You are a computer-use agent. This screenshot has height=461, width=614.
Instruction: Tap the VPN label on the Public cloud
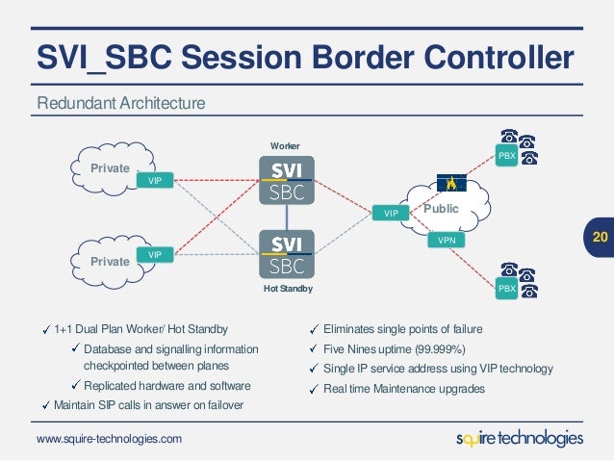coord(447,241)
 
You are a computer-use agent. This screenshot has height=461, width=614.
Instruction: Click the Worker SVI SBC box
coord(288,180)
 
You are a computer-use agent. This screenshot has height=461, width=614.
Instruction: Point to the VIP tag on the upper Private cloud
coord(153,180)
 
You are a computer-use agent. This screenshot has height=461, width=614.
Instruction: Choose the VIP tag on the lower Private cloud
coord(153,254)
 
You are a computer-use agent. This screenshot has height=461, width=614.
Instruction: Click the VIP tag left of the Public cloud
coord(391,212)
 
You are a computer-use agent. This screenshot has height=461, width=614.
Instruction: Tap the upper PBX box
coord(506,155)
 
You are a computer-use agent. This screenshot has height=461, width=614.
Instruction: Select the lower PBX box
coord(506,288)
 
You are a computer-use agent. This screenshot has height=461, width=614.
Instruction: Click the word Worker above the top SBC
coord(286,145)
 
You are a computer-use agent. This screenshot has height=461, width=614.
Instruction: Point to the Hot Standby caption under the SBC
coord(288,289)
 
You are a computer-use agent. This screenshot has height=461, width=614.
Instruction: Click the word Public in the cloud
coord(442,208)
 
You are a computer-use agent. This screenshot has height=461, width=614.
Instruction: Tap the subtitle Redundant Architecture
coord(121,102)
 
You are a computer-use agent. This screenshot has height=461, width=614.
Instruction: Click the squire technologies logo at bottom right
coord(519,439)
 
